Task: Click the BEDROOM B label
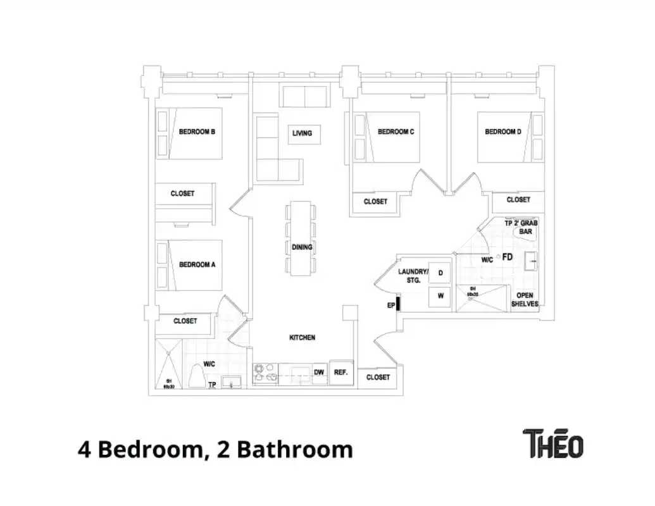coord(197,132)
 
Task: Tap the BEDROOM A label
coord(197,264)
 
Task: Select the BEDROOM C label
coord(396,132)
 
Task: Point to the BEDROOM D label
coord(503,132)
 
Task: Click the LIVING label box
coord(302,133)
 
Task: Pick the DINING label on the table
coord(302,247)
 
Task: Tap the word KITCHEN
coord(302,338)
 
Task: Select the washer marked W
coord(440,296)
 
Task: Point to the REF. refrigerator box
coord(340,373)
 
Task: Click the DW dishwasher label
coord(320,373)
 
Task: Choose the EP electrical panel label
coord(391,305)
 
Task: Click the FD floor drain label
coord(507,257)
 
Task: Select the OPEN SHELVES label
coord(525,299)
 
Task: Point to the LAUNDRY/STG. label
coord(413,276)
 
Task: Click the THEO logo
coord(552,443)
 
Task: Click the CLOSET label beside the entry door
coord(378,377)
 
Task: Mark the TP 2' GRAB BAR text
coord(520,227)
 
